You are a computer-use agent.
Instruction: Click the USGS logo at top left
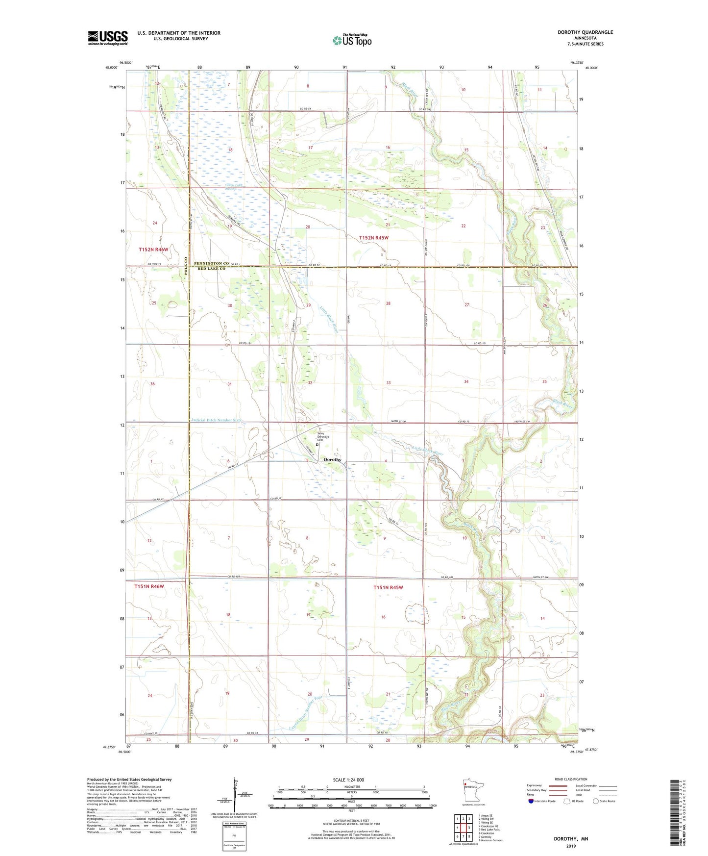pyautogui.click(x=107, y=38)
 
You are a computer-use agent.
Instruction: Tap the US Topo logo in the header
pyautogui.click(x=351, y=40)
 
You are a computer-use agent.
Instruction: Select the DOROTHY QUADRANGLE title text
pyautogui.click(x=585, y=32)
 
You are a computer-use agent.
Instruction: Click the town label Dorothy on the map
pyautogui.click(x=333, y=459)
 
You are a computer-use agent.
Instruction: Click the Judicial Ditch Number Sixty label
pyautogui.click(x=217, y=420)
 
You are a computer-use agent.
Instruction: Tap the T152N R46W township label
pyautogui.click(x=153, y=250)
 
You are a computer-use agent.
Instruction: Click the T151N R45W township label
pyautogui.click(x=388, y=587)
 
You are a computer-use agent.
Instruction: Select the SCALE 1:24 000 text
pyautogui.click(x=348, y=780)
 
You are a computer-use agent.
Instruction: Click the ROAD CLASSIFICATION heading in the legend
pyautogui.click(x=571, y=779)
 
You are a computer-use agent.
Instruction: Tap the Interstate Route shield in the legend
pyautogui.click(x=532, y=801)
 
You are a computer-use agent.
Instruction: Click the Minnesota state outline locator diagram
pyautogui.click(x=473, y=790)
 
